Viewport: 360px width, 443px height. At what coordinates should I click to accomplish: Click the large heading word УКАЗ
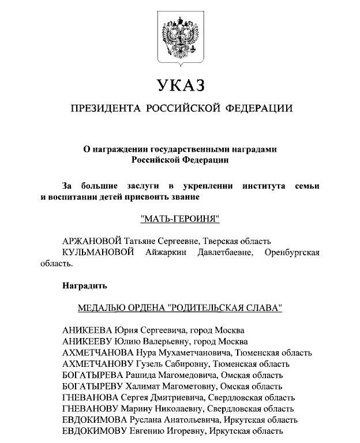[x=180, y=86]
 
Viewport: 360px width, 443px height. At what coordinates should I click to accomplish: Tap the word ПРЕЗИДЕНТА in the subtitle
[x=104, y=108]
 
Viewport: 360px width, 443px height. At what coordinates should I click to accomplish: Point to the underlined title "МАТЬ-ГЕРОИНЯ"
[x=180, y=220]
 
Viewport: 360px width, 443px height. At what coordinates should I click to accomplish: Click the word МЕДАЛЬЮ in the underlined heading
[x=101, y=307]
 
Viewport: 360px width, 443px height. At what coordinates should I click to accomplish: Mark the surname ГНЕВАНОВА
[x=89, y=397]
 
